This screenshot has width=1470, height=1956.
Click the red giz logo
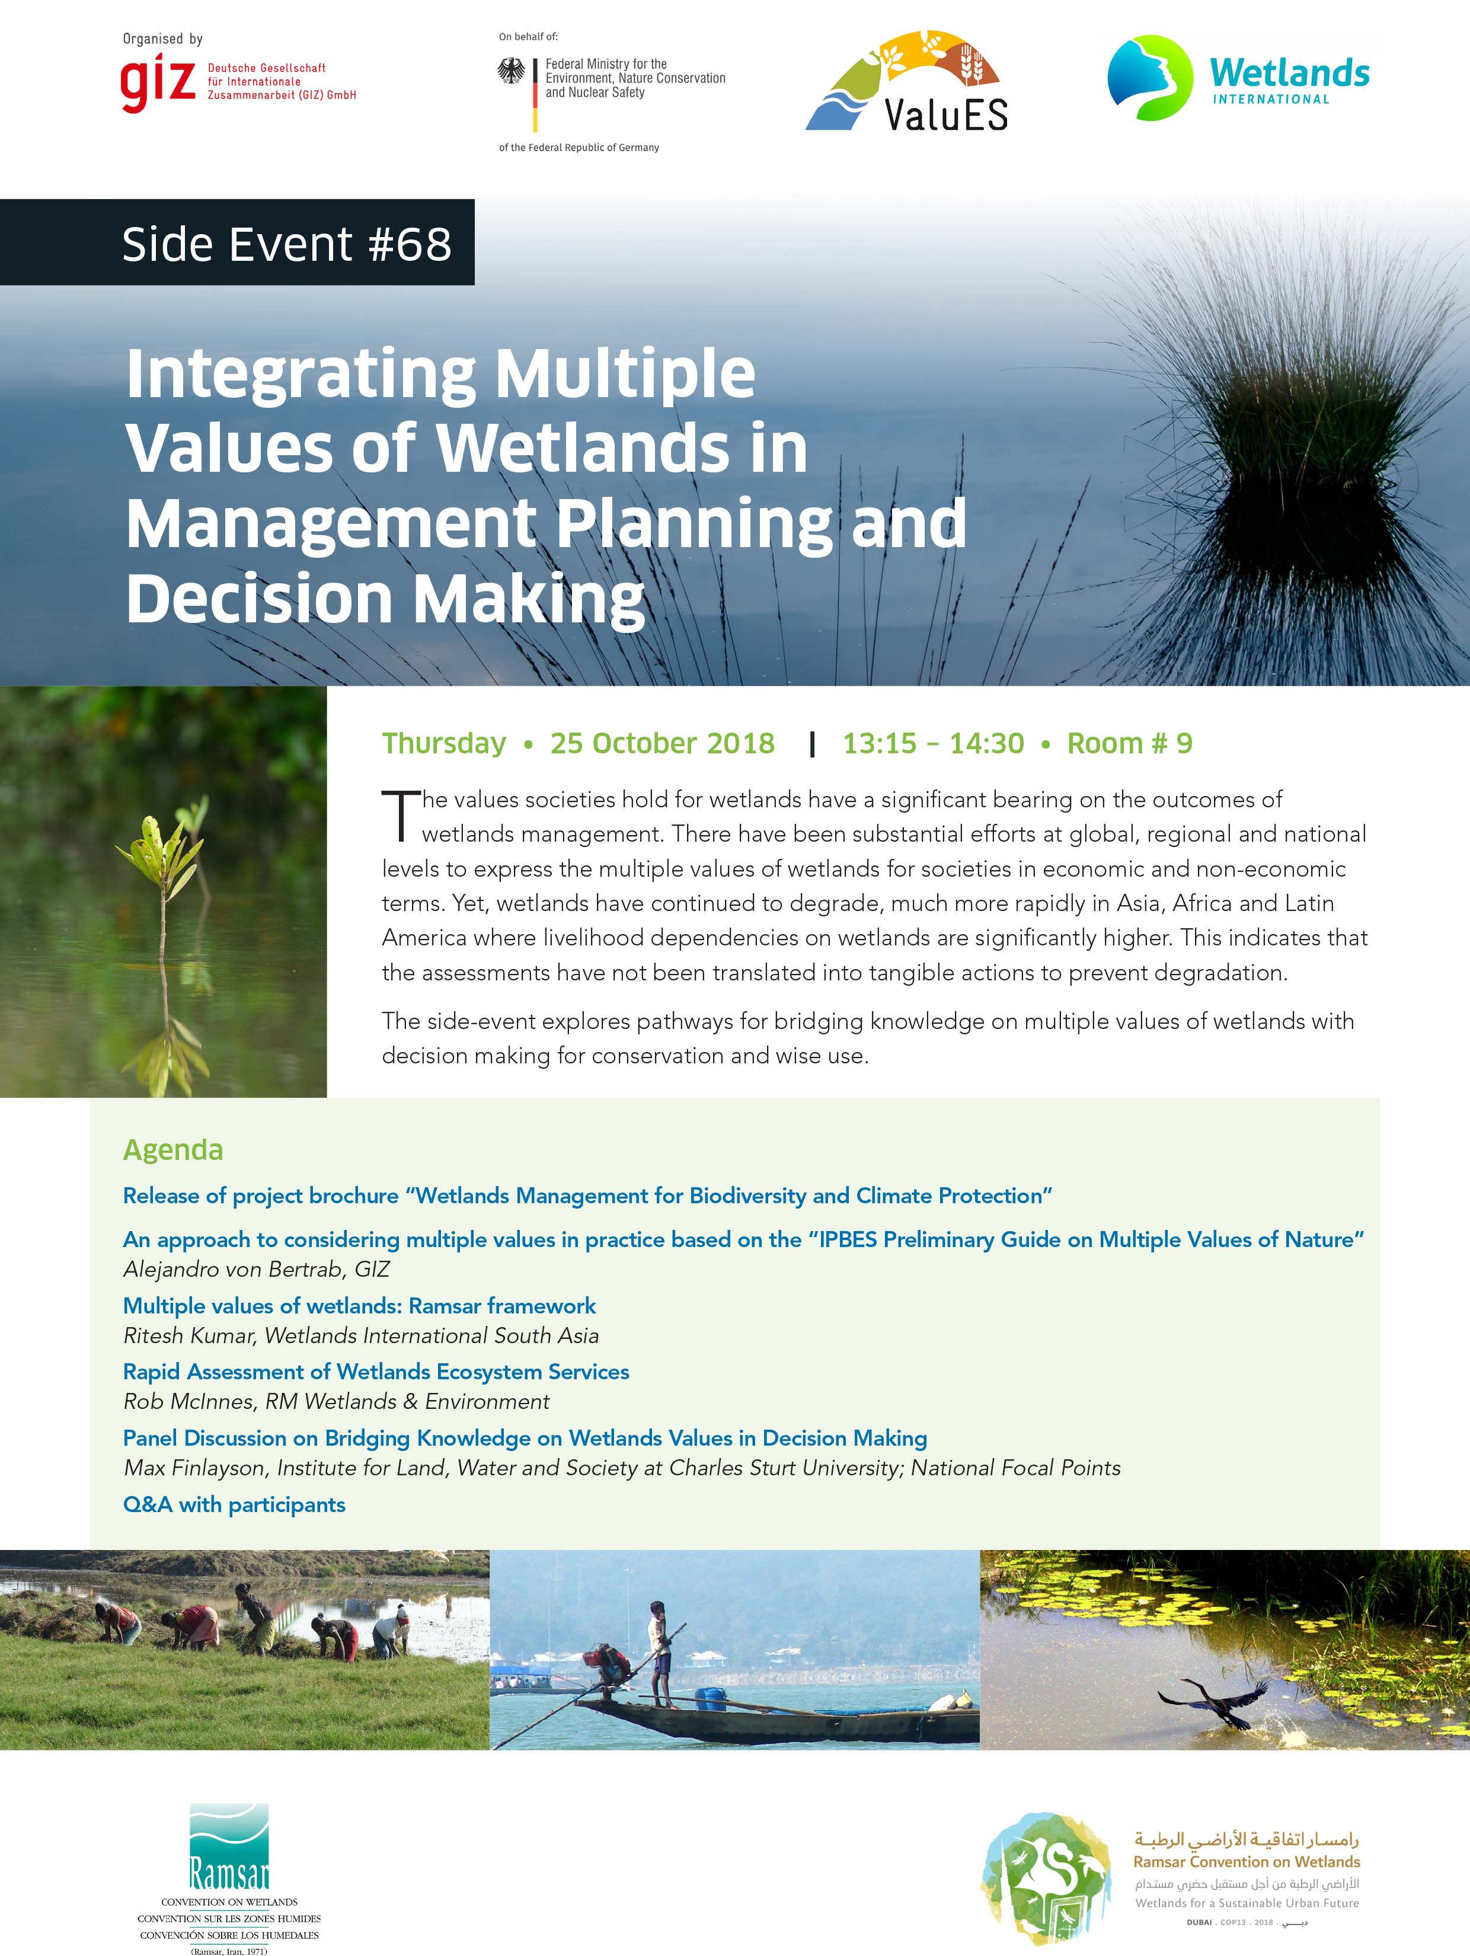click(158, 82)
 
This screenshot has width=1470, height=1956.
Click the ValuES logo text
click(947, 114)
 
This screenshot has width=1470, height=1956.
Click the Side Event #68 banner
click(237, 242)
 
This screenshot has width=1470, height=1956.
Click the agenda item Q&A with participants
click(234, 1504)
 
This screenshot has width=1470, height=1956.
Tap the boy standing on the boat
click(660, 1653)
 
